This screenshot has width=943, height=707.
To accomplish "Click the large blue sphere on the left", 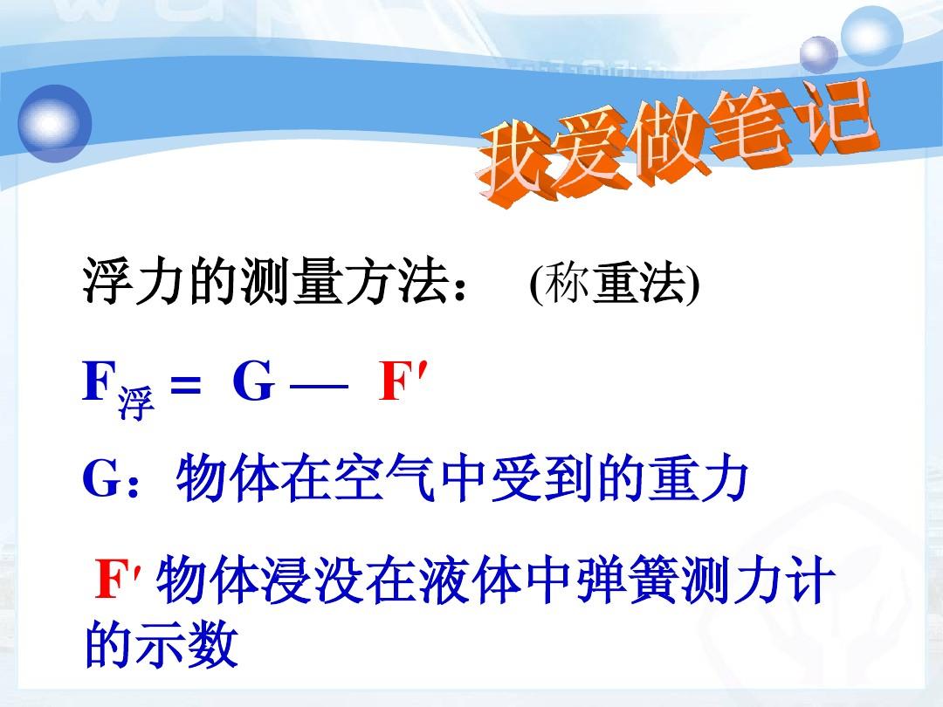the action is [55, 124].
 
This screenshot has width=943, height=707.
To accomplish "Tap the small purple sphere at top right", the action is [818, 54].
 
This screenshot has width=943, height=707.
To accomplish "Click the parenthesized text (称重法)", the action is [615, 283].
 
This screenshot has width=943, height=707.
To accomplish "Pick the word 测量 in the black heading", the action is [293, 281].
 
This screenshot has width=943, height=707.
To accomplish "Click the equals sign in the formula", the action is [185, 383].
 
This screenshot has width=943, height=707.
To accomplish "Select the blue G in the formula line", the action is [254, 381].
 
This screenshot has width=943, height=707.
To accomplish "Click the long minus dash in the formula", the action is [320, 386].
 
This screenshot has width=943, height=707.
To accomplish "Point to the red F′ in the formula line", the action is [403, 381].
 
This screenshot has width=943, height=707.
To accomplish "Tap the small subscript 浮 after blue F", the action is [136, 402].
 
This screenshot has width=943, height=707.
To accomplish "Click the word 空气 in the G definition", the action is [384, 478].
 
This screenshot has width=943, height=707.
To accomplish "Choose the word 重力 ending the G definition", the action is [699, 478].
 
